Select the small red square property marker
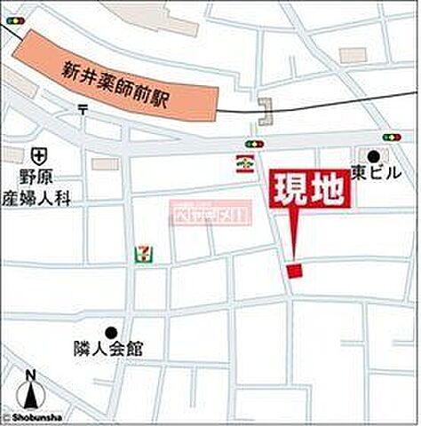295,271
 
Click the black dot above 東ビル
374,156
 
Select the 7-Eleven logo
141,255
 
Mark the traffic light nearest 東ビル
391,138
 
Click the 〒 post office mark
83,109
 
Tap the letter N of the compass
30,373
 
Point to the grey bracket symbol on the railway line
265,112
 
